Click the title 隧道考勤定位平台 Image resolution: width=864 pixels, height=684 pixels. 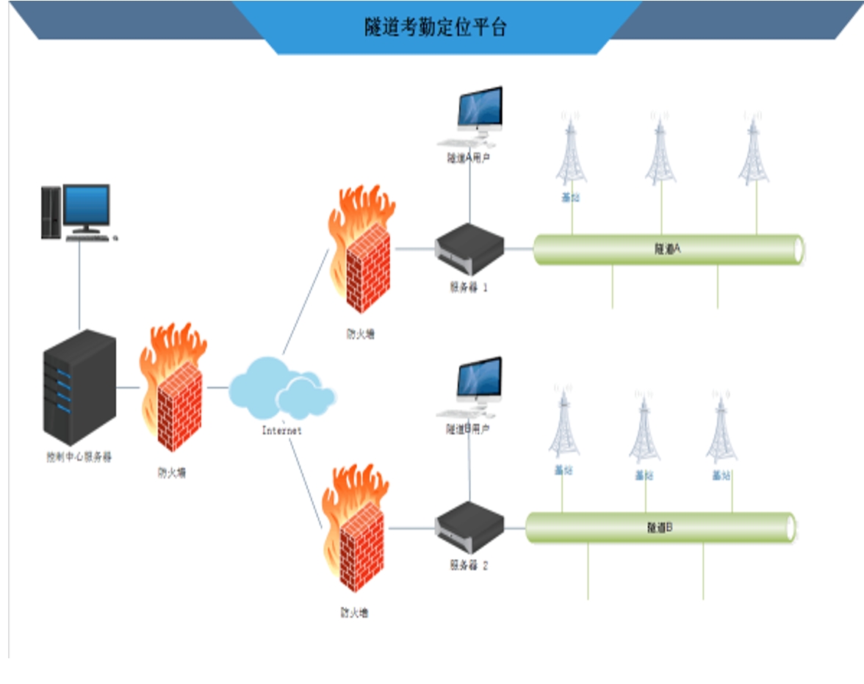pyautogui.click(x=436, y=28)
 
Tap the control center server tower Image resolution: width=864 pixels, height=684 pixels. pyautogui.click(x=79, y=386)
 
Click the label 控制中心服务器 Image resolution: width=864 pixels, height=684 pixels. pyautogui.click(x=79, y=457)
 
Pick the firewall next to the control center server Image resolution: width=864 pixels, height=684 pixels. pyautogui.click(x=173, y=389)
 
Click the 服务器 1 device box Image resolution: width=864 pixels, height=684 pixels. pyautogui.click(x=469, y=249)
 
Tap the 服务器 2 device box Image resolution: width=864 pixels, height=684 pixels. pyautogui.click(x=469, y=527)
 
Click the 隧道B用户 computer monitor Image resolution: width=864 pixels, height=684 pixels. pyautogui.click(x=478, y=382)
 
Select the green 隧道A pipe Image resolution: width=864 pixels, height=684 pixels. pyautogui.click(x=668, y=250)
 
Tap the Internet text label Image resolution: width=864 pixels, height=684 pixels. pyautogui.click(x=281, y=431)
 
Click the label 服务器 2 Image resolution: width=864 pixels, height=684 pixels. pyautogui.click(x=469, y=566)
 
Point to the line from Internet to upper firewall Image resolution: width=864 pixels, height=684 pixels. pyautogui.click(x=306, y=301)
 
